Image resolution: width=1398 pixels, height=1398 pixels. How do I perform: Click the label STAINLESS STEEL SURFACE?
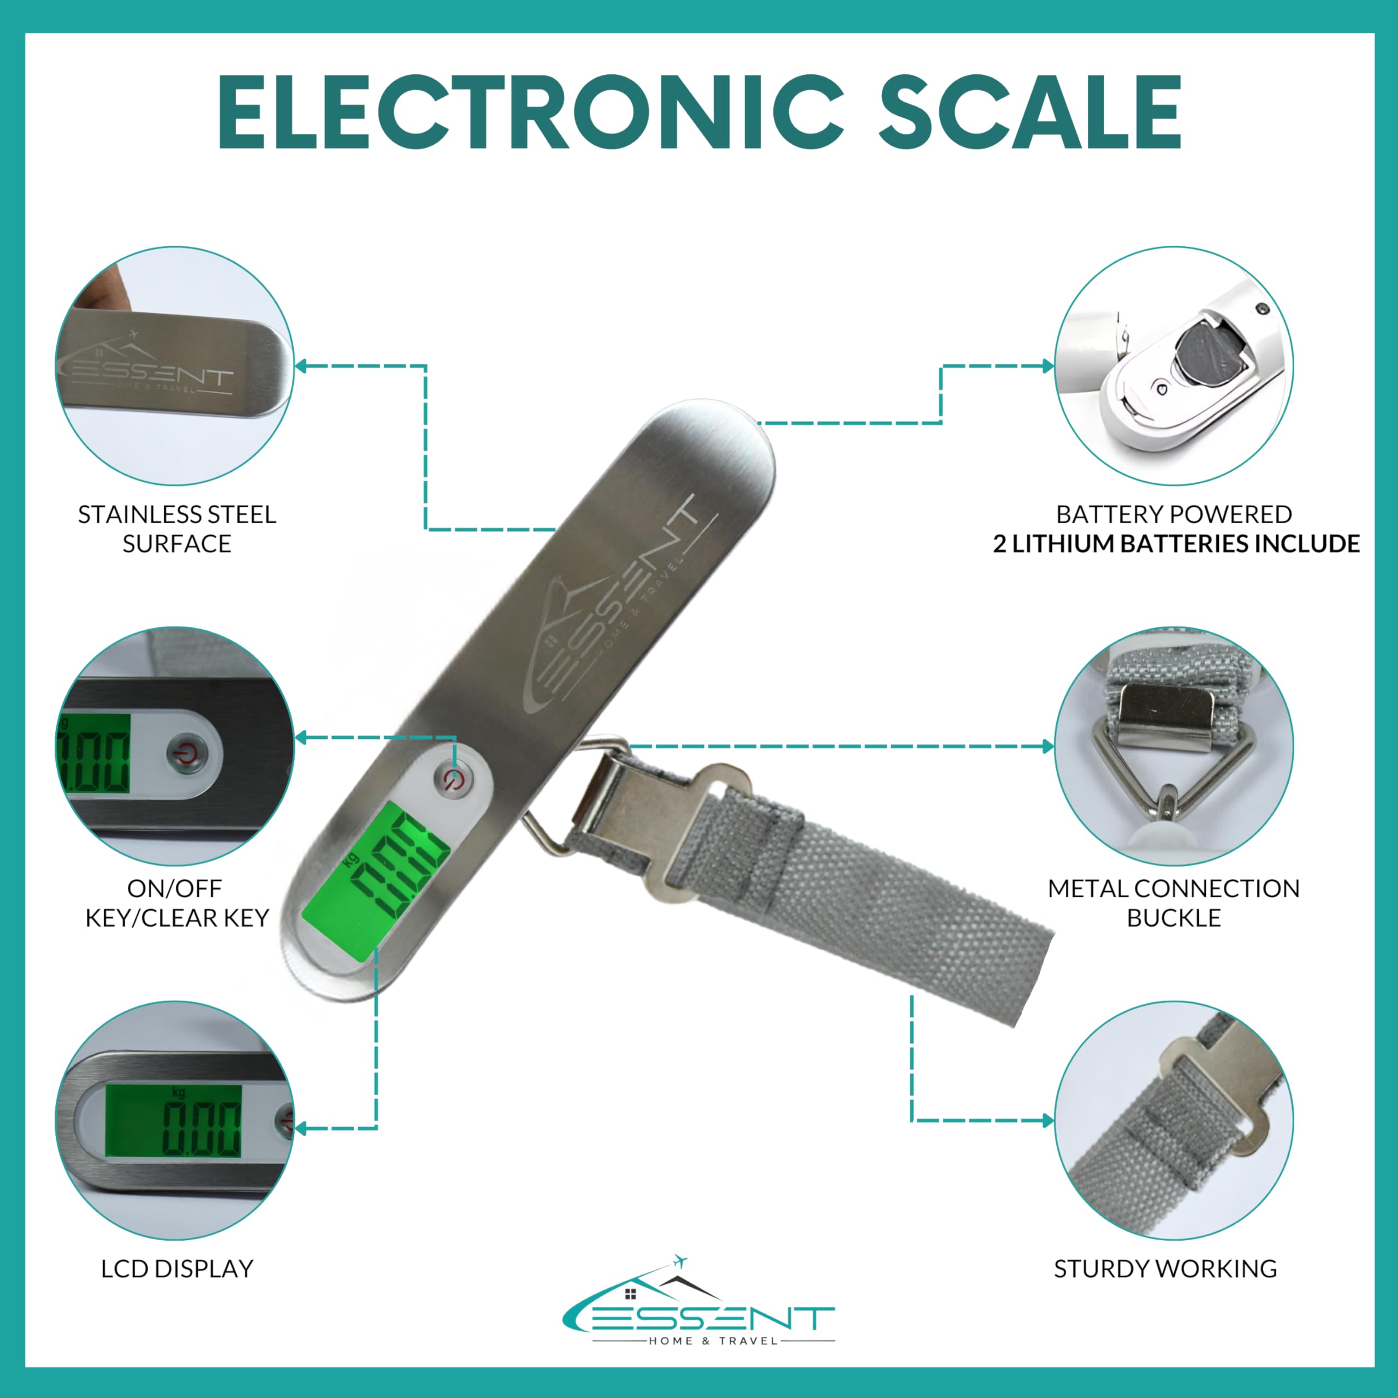click(x=177, y=529)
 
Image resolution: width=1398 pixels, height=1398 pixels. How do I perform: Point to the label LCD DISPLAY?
click(x=177, y=1269)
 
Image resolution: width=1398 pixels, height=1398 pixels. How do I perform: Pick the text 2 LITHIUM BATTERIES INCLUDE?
click(x=1176, y=543)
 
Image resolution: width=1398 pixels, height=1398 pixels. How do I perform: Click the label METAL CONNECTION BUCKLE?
click(x=1174, y=903)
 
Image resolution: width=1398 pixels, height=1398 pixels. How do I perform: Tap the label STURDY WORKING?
click(x=1165, y=1269)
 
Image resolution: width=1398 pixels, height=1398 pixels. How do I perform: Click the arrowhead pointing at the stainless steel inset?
click(x=301, y=366)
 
